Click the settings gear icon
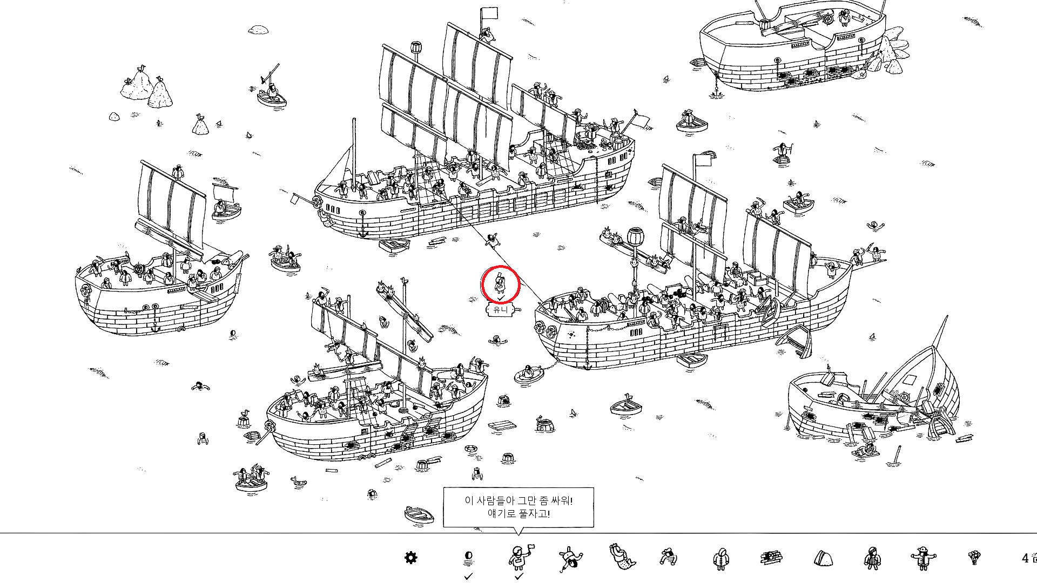coord(411,558)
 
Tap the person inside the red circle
coord(500,283)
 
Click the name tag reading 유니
coord(501,309)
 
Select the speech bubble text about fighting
coord(518,507)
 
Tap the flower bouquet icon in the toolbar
coord(974,557)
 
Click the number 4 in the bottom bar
coord(1025,558)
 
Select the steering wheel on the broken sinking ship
coord(904,398)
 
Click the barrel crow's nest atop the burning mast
coord(636,236)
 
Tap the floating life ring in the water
coord(472,449)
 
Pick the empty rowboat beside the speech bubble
coord(419,514)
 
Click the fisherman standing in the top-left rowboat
coord(272,91)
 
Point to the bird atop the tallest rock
coord(142,68)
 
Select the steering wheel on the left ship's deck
coord(138,268)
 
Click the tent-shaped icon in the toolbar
coord(823,558)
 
